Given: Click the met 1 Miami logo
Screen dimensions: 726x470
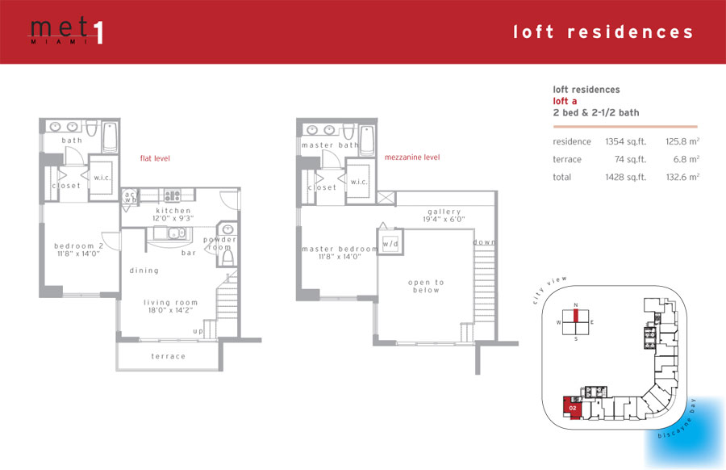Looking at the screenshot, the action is click(x=66, y=31).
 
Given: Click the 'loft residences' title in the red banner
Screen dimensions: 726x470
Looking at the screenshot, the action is click(x=603, y=32).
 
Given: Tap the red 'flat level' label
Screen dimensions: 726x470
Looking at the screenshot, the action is click(x=155, y=158).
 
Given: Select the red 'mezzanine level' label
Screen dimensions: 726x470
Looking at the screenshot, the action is click(x=412, y=157).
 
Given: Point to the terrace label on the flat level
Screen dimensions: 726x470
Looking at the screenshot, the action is click(x=168, y=356).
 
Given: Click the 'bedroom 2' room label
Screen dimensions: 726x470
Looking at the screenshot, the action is click(x=79, y=245).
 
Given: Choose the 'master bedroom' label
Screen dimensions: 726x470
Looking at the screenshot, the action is click(x=340, y=249).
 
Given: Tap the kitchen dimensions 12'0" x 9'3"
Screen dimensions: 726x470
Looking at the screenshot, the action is click(x=173, y=218).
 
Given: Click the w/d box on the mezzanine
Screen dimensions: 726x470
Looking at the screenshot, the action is click(x=390, y=242).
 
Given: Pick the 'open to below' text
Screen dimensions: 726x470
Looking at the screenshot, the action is click(x=426, y=286).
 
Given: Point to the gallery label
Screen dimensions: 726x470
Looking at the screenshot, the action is click(x=444, y=212).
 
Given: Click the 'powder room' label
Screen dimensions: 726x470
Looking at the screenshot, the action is click(x=219, y=243).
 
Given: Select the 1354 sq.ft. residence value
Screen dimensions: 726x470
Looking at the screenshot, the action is click(x=625, y=142).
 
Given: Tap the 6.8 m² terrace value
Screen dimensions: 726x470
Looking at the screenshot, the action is click(x=686, y=159).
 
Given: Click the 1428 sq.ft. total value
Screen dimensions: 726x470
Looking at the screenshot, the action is click(x=625, y=177).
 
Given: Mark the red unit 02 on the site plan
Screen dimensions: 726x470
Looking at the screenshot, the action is click(x=572, y=408).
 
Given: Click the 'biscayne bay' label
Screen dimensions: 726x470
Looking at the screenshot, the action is click(x=677, y=418).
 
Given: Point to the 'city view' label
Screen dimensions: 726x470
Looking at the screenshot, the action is click(x=549, y=290).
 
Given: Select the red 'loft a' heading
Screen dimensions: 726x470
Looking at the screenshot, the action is click(x=565, y=101).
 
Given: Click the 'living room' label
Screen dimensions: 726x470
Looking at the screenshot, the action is click(x=170, y=302).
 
